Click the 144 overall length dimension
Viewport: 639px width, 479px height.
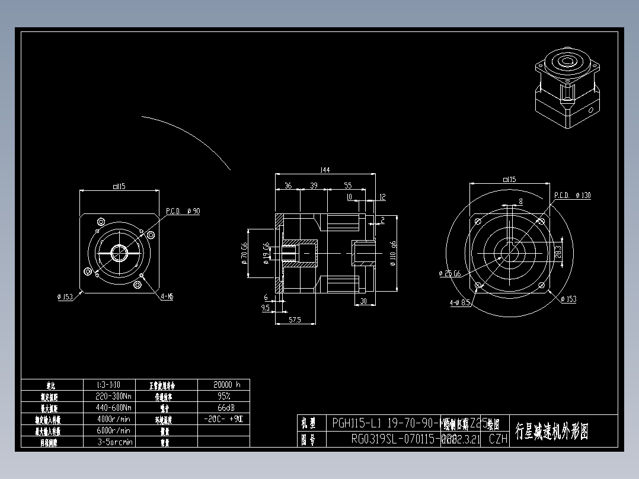(x=324, y=170)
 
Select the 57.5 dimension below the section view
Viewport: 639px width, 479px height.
(x=294, y=320)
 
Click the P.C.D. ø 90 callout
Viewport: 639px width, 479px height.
(x=183, y=211)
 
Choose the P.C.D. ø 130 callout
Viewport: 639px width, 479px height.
(x=572, y=195)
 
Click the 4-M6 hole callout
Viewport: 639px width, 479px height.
(x=167, y=296)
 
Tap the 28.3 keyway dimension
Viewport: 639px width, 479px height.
(x=558, y=251)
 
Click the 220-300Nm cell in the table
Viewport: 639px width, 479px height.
(x=113, y=396)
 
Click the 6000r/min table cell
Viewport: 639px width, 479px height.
(x=113, y=430)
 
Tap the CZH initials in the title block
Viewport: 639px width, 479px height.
(x=498, y=439)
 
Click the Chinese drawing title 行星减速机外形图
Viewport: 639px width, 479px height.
(x=551, y=431)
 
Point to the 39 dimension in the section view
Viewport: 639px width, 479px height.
(x=314, y=186)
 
